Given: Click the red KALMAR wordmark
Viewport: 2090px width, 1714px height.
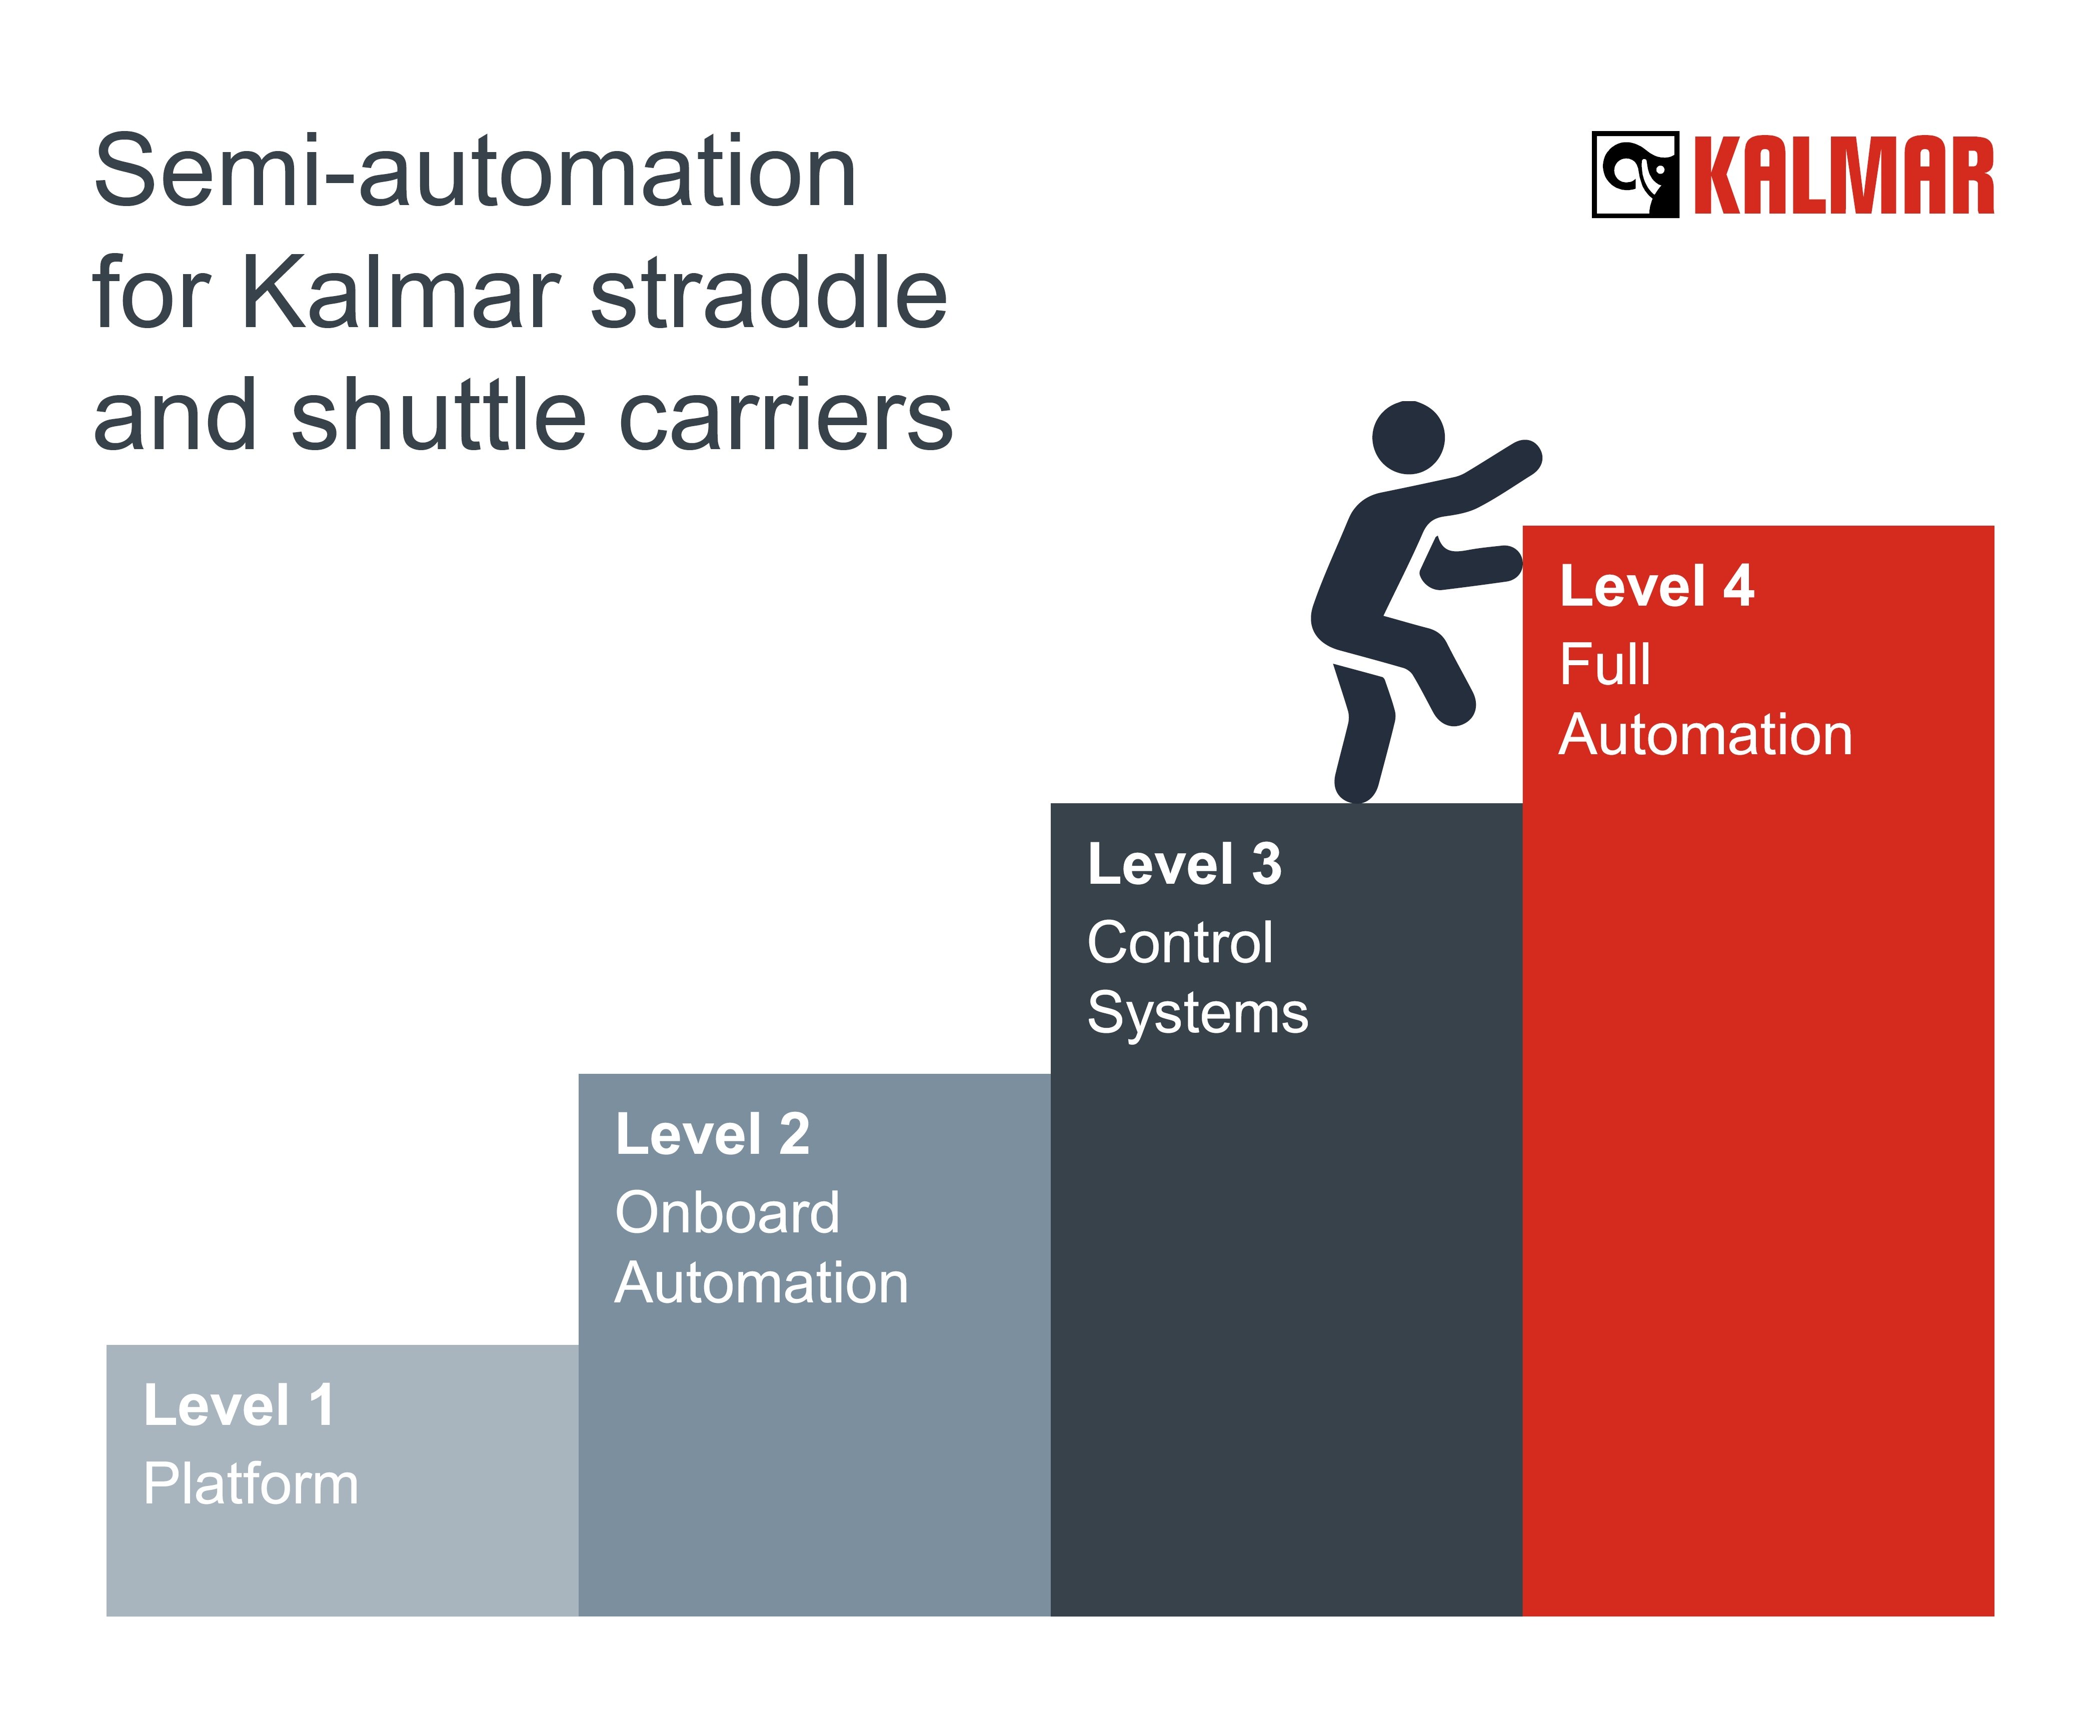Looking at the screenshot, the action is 1843,176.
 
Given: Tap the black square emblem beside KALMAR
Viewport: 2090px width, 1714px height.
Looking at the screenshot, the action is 1635,175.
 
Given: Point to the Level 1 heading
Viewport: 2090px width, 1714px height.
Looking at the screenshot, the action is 239,1405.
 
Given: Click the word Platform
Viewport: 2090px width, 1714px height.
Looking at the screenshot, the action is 251,1484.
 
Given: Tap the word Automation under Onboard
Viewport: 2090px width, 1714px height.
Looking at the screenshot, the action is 761,1282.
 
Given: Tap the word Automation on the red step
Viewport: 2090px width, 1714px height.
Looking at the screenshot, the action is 1705,735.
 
